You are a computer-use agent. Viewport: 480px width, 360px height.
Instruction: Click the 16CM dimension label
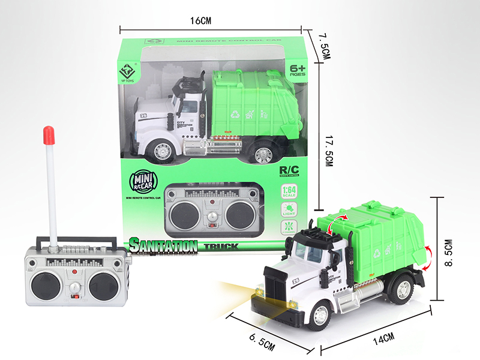pos(201,20)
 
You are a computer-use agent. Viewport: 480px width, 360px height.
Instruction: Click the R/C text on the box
pos(289,170)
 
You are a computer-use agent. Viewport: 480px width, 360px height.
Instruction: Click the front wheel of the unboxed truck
pos(319,316)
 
